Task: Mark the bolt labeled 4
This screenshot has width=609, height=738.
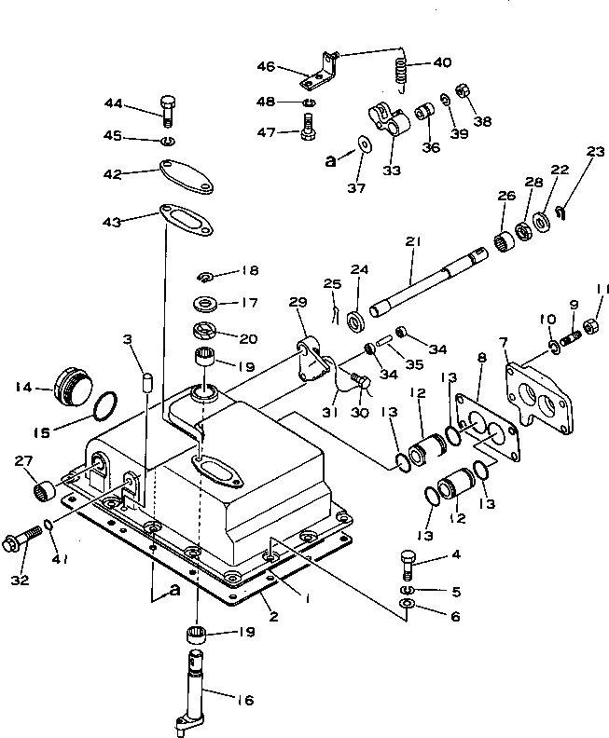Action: (x=408, y=562)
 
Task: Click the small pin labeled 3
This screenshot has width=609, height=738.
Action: (x=145, y=381)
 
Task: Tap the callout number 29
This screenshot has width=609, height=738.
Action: (x=297, y=304)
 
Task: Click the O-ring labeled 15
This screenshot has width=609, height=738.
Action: (x=107, y=405)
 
